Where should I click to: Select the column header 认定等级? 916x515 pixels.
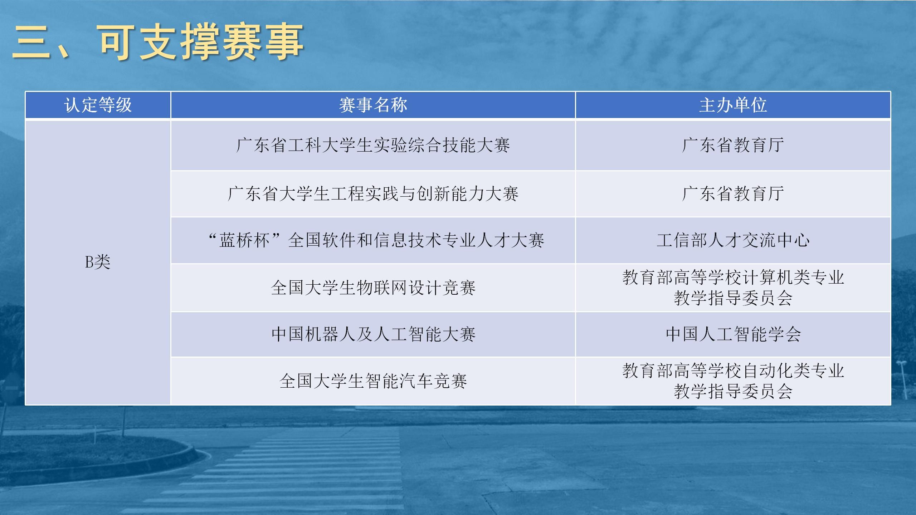98,105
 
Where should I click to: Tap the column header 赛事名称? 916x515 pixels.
373,105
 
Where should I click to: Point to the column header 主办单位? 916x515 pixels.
733,105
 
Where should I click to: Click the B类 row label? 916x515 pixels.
98,262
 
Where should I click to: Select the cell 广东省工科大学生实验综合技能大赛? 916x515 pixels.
373,145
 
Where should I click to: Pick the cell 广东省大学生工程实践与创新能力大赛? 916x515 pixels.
373,194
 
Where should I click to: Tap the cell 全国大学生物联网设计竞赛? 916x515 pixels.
373,288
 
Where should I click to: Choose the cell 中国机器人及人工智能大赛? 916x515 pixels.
373,334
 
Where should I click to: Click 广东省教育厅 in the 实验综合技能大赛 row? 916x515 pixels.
733,145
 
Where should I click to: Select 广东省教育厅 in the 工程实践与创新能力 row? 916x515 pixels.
733,194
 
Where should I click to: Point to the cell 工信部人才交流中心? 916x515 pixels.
733,240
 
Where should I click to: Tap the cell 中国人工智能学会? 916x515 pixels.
733,334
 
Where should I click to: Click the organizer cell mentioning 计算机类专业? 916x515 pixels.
733,288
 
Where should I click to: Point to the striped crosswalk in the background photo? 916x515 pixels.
286,472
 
